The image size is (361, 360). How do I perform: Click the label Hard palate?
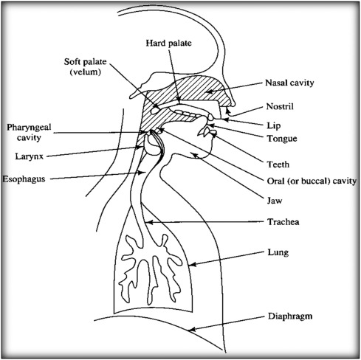pyautogui.click(x=168, y=44)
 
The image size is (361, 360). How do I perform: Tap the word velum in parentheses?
pyautogui.click(x=86, y=72)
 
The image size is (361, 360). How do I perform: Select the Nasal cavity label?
pyautogui.click(x=289, y=83)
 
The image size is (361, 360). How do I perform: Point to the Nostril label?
pyautogui.click(x=280, y=106)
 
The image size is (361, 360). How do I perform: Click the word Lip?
pyautogui.click(x=274, y=125)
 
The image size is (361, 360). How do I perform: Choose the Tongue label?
pyautogui.click(x=282, y=139)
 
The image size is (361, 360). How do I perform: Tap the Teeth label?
pyautogui.click(x=278, y=165)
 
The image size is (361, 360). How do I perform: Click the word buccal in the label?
pyautogui.click(x=316, y=181)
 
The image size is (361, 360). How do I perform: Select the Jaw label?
pyautogui.click(x=275, y=201)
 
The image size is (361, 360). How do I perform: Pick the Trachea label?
pyautogui.click(x=283, y=222)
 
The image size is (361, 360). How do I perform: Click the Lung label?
pyautogui.click(x=278, y=252)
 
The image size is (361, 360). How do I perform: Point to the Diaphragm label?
pyautogui.click(x=290, y=316)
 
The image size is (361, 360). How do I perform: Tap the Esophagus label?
pyautogui.click(x=24, y=179)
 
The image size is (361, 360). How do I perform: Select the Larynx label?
pyautogui.click(x=30, y=156)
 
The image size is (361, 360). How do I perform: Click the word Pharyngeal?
pyautogui.click(x=29, y=128)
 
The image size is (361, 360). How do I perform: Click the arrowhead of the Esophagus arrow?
pyautogui.click(x=142, y=173)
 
